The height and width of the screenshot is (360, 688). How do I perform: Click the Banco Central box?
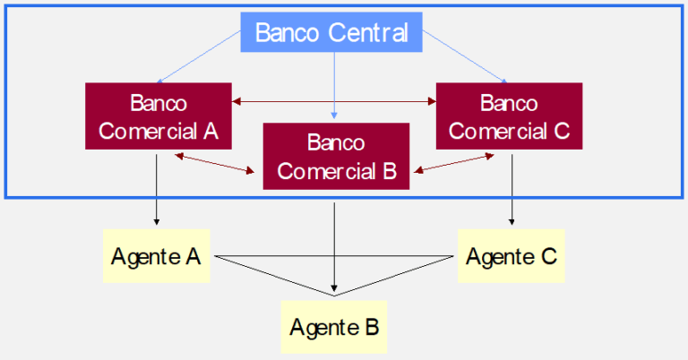pos(331,32)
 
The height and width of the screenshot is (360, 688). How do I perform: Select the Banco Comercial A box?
pos(159,116)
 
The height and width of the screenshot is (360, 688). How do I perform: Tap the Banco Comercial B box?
pos(336,156)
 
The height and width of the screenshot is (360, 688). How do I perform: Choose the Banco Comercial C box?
pos(509,116)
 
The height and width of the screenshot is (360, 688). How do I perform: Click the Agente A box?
pos(156,255)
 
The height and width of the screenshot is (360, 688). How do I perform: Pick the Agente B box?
pos(334,327)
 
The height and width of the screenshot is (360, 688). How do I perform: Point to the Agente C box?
pos(512,255)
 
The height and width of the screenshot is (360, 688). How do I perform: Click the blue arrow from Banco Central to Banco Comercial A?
pos(198,57)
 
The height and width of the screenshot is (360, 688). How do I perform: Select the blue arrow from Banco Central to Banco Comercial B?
pos(334,85)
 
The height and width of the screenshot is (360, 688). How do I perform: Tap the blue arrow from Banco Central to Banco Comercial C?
pos(465,57)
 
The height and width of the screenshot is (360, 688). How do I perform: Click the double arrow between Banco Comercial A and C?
pos(334,102)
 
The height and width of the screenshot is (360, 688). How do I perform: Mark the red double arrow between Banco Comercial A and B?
pos(215,163)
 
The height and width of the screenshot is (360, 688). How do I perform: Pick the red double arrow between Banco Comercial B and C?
pos(453,163)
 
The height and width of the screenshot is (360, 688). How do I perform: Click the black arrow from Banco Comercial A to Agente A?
pos(156,190)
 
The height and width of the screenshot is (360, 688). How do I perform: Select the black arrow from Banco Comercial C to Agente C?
pos(512,190)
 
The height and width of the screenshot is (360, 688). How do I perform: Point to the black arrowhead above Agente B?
pos(334,288)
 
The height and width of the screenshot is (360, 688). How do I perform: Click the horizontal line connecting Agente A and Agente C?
pos(334,256)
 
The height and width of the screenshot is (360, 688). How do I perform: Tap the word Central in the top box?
pos(367,32)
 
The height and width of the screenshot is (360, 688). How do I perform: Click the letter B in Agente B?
pos(372,327)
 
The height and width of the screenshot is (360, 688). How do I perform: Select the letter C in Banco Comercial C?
pos(561,131)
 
